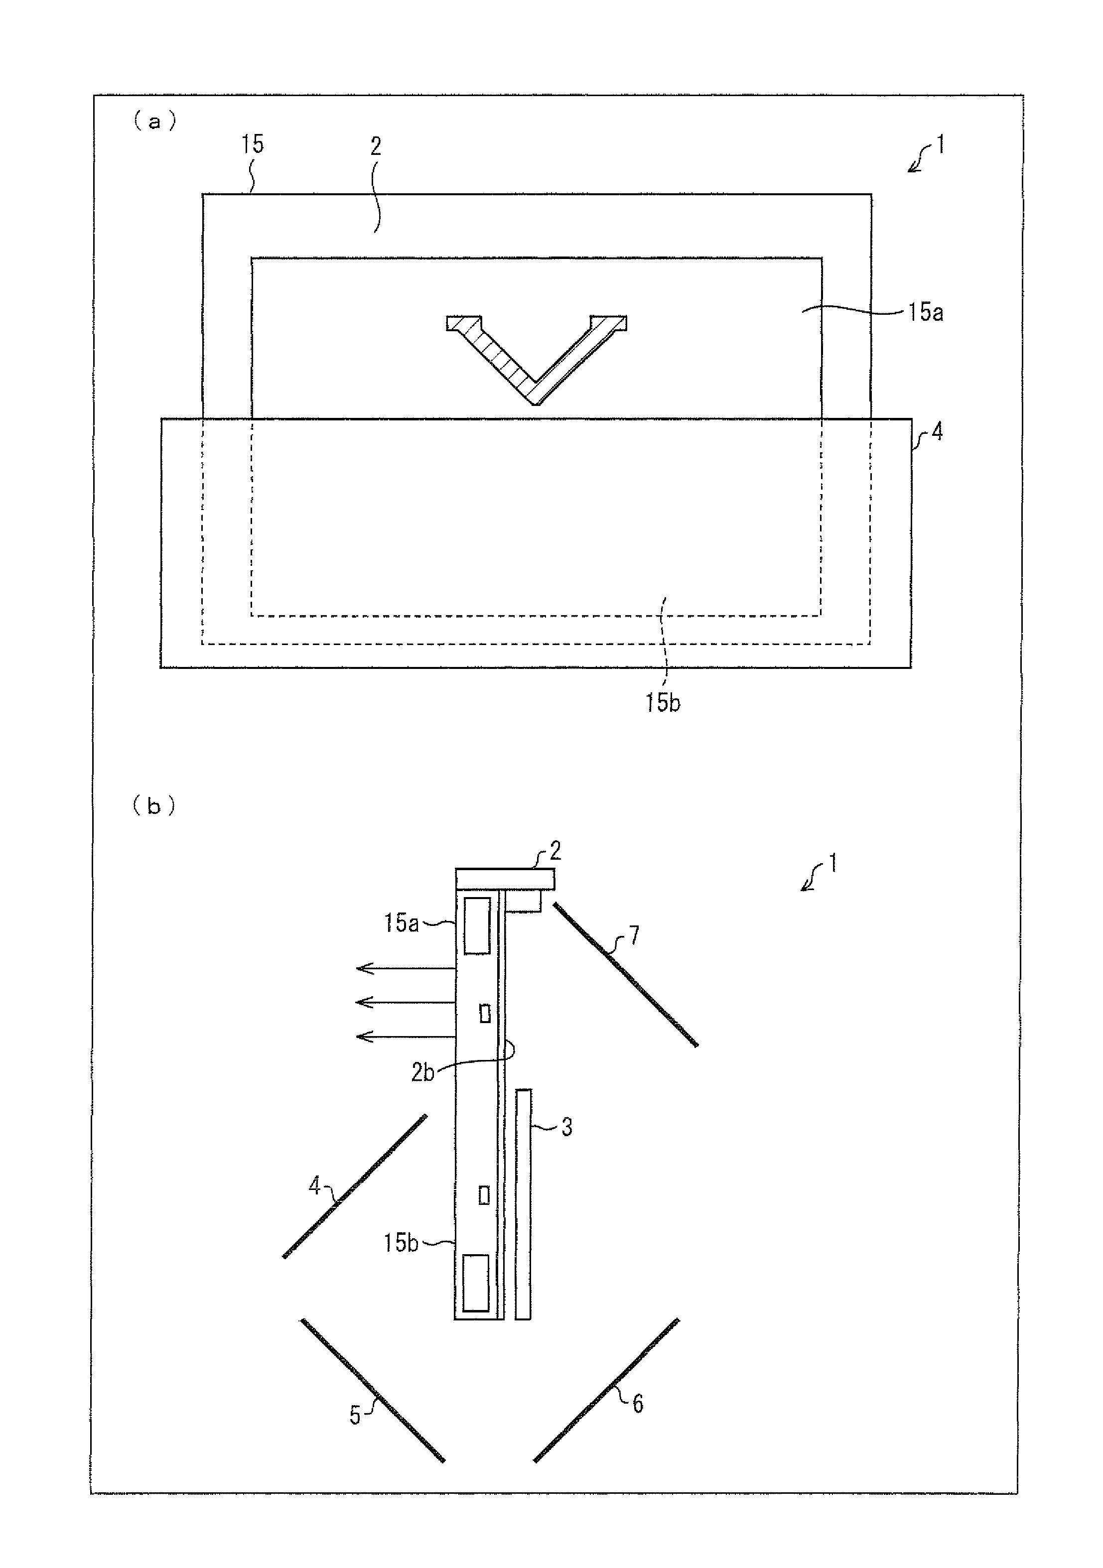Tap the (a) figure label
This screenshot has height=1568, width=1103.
[154, 122]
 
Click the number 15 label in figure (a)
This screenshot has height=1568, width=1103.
[252, 144]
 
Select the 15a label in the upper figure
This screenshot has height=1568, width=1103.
[926, 312]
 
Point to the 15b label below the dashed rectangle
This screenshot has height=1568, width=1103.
[663, 703]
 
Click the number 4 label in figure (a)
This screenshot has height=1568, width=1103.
[937, 432]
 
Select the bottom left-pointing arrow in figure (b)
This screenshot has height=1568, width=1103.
[406, 1037]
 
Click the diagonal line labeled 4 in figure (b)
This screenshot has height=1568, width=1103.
[354, 1186]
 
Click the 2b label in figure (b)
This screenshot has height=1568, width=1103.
[423, 1073]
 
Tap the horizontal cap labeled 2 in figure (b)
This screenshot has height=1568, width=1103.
[505, 879]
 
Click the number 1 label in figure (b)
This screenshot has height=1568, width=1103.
[832, 864]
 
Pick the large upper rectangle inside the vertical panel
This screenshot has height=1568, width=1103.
[477, 926]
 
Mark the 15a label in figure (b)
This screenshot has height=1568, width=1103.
[401, 923]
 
